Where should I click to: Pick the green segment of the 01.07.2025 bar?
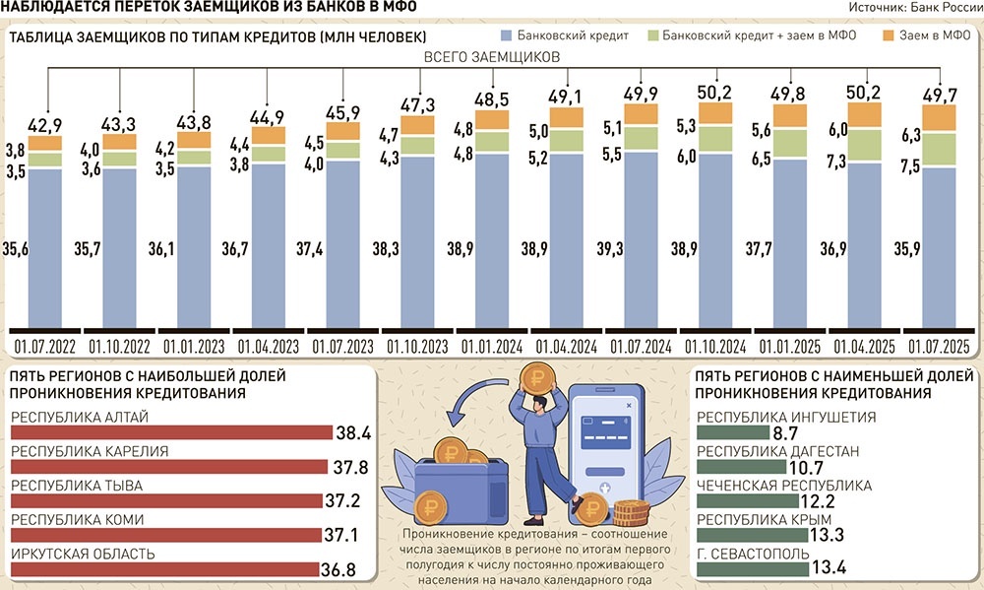(940, 149)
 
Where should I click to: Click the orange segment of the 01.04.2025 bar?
(865, 115)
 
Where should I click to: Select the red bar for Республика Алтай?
(172, 432)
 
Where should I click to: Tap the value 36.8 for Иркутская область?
(338, 569)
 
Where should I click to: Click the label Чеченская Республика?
(783, 486)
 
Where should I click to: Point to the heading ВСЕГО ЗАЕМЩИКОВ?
(491, 58)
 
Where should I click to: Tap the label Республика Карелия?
(90, 451)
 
